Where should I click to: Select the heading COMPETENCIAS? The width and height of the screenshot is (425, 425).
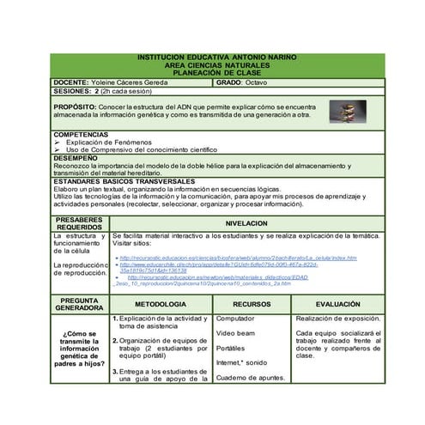tap(81, 135)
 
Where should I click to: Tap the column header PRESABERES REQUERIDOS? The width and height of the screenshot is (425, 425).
tap(79, 222)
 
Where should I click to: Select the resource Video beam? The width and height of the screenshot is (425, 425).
tap(235, 332)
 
